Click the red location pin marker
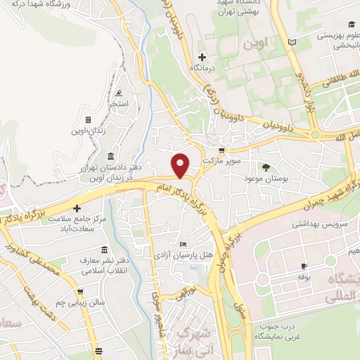point(181,165)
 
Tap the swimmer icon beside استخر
point(120,94)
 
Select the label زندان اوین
point(88,131)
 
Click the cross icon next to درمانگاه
point(202,56)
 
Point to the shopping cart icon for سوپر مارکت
point(222,150)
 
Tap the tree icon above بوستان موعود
point(266,167)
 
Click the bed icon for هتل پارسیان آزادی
point(184,243)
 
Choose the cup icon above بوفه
point(304,266)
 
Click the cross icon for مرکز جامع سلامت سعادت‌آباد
point(76,208)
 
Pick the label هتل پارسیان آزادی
point(184,255)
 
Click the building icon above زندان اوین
point(88,120)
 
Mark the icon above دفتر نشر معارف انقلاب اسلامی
point(104,250)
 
